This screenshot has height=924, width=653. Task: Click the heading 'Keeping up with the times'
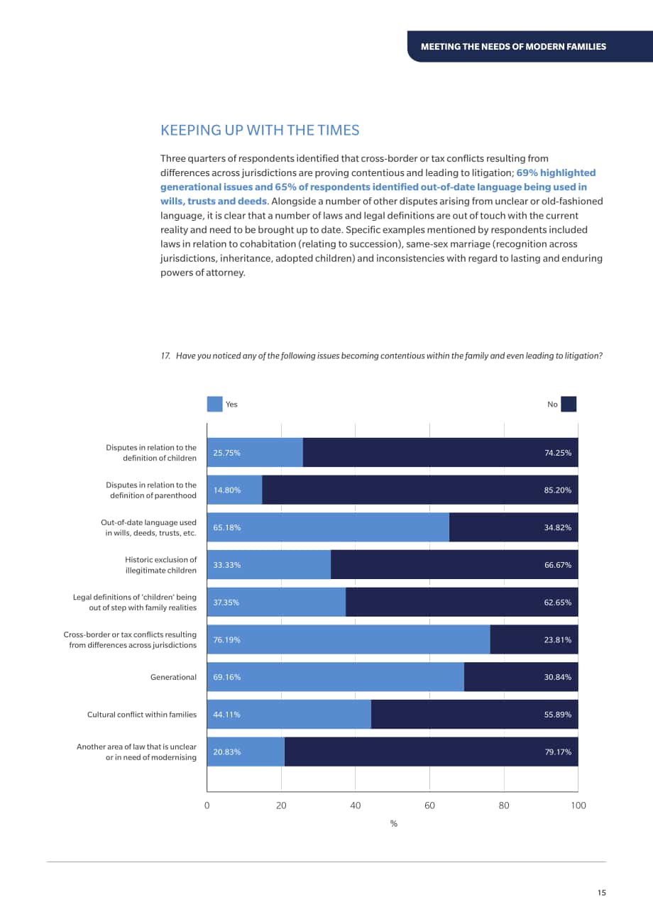260,131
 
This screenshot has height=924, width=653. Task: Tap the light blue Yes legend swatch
214,405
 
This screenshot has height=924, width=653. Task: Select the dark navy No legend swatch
569,405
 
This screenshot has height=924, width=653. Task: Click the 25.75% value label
226,453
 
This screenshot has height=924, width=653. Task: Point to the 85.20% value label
558,490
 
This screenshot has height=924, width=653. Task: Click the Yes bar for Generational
335,677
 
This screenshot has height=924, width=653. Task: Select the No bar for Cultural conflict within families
474,714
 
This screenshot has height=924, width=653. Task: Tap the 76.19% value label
226,640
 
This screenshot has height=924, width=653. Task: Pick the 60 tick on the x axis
429,805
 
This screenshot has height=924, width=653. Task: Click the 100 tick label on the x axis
578,805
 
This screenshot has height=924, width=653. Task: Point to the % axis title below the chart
393,824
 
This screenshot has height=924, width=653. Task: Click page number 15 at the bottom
602,893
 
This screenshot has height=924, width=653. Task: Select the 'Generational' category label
173,677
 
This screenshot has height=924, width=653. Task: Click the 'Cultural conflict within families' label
142,715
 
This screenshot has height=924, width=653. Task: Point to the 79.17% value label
558,752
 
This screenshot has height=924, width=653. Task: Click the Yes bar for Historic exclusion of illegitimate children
269,565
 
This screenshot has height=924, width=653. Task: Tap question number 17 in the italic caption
165,356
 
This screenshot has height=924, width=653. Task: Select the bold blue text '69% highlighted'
556,173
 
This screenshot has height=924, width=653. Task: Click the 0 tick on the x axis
207,805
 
